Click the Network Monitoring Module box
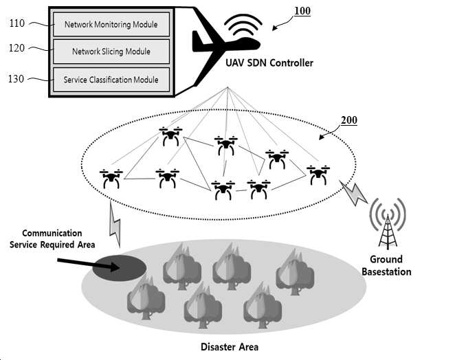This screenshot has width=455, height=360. (111, 24)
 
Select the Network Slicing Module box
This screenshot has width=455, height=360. (111, 52)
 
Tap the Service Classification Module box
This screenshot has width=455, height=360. (111, 80)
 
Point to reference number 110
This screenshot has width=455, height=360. (17, 23)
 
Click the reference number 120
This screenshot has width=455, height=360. (16, 48)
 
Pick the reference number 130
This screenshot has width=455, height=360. (16, 78)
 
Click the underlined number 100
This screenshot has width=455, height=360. (302, 11)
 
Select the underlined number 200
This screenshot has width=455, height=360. (348, 120)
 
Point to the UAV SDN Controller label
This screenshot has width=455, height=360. (269, 63)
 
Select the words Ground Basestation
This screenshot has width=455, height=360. (386, 265)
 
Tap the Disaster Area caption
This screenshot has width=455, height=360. (230, 347)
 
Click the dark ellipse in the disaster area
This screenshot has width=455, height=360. (120, 268)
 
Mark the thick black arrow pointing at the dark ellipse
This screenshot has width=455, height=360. (89, 264)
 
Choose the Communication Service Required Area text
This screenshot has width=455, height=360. (52, 239)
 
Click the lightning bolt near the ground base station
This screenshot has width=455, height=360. (353, 192)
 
